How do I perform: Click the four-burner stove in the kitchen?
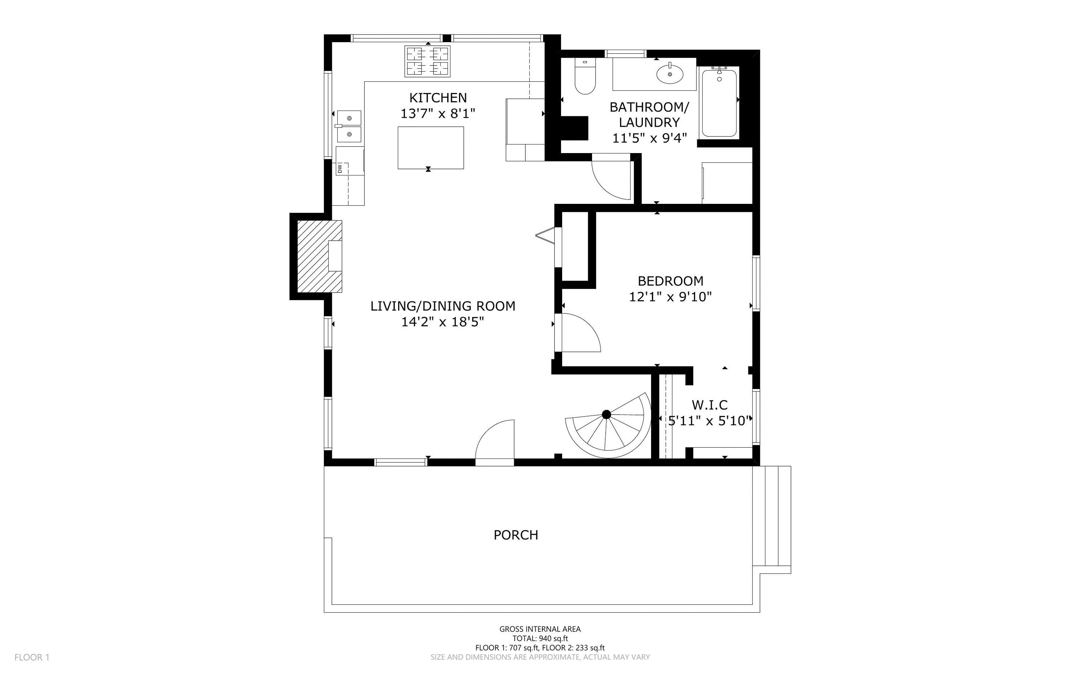click(427, 61)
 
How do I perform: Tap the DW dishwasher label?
click(340, 169)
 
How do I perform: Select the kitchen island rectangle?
click(431, 148)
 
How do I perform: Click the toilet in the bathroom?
click(585, 79)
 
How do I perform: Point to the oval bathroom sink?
click(670, 74)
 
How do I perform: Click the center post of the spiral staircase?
click(606, 414)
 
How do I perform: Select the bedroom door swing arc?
click(580, 332)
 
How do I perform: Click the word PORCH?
click(516, 535)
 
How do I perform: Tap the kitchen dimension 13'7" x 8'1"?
click(437, 114)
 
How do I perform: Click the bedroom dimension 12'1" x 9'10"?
click(670, 297)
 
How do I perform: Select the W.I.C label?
click(709, 405)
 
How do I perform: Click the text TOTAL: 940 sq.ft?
click(540, 638)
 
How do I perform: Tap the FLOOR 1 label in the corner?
click(32, 657)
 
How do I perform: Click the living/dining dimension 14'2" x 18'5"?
click(442, 322)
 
